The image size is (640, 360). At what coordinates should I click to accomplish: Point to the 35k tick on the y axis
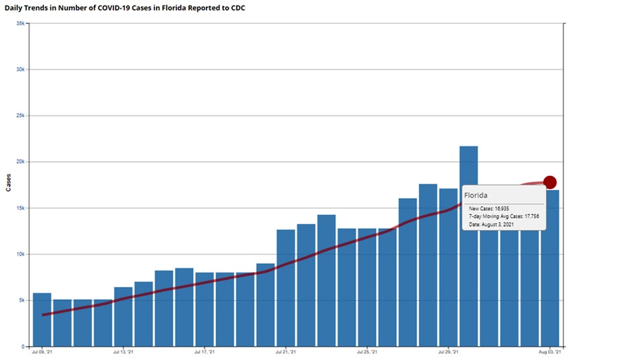click(21, 23)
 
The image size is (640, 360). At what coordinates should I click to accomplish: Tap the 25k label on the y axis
click(21, 115)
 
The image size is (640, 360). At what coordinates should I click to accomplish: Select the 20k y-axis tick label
click(21, 162)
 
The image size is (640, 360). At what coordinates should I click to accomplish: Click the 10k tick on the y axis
click(21, 254)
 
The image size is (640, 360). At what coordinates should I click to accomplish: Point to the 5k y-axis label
click(22, 300)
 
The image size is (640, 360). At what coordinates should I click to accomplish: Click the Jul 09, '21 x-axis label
click(41, 353)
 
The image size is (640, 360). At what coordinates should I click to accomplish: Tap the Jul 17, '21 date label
click(205, 353)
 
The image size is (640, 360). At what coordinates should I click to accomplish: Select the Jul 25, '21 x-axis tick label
click(367, 353)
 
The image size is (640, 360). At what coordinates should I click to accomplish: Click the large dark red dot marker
click(549, 182)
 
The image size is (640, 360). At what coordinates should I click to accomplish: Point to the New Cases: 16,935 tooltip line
click(489, 208)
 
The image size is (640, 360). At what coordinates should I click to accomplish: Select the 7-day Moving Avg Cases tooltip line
click(503, 216)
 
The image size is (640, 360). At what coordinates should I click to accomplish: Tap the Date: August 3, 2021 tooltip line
click(492, 225)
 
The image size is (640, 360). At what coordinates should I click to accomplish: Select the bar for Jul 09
click(42, 319)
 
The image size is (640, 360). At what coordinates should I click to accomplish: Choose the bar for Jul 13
click(123, 316)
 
